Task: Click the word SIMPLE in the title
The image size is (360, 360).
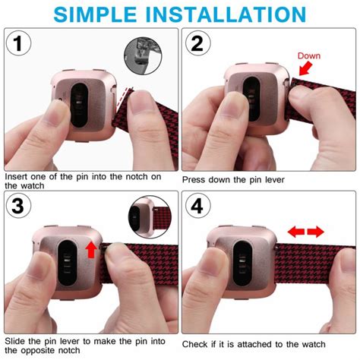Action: (x=95, y=14)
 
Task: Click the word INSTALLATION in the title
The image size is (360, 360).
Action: (x=226, y=14)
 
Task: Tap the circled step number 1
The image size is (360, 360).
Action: (x=18, y=43)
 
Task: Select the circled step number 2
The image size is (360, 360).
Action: (x=197, y=43)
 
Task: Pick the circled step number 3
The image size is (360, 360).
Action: (x=18, y=206)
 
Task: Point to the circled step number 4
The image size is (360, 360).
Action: (x=197, y=206)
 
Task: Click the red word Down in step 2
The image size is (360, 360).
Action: (x=309, y=55)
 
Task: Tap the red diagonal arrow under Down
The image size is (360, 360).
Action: (x=306, y=69)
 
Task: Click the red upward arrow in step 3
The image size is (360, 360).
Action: (x=91, y=250)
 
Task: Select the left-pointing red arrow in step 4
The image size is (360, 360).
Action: (x=296, y=232)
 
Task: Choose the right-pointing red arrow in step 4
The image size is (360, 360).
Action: (x=316, y=232)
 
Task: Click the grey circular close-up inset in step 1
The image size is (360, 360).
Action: (x=143, y=55)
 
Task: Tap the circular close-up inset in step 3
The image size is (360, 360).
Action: (x=150, y=216)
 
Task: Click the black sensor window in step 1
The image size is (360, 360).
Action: (x=79, y=105)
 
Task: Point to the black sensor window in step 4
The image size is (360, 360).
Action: (x=242, y=264)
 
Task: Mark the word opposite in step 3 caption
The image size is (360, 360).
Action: (x=38, y=351)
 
